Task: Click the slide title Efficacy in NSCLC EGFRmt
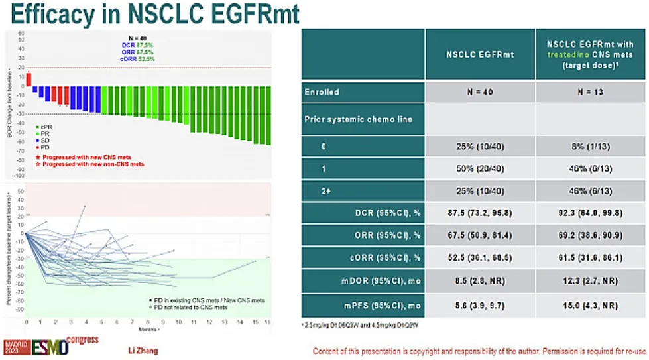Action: [150, 14]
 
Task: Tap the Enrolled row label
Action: [322, 91]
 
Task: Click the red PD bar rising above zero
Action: [29, 79]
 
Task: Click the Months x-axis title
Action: [146, 328]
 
